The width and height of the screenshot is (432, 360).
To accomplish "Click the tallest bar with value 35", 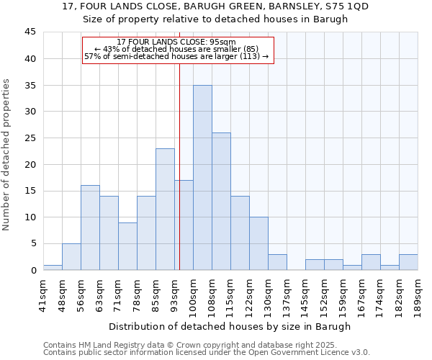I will click(x=202, y=177).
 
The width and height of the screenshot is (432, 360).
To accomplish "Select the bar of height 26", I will click(x=221, y=201).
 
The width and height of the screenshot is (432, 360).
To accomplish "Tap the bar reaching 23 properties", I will click(x=165, y=209).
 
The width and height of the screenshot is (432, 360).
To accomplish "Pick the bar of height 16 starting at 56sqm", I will click(x=90, y=228).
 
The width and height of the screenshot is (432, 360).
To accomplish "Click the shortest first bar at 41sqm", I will click(x=53, y=267).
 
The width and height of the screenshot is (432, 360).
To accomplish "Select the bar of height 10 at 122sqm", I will click(x=258, y=243).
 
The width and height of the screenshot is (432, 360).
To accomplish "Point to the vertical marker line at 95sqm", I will click(x=179, y=158).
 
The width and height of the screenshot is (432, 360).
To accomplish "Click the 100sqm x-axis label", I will click(x=193, y=292).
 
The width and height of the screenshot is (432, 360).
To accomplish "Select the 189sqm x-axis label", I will click(x=418, y=292).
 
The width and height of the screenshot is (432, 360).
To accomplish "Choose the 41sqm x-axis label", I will click(x=43, y=292).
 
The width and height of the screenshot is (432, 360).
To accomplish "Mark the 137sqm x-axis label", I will click(x=287, y=292).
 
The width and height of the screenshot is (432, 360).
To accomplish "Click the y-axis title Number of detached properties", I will click(x=7, y=155).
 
